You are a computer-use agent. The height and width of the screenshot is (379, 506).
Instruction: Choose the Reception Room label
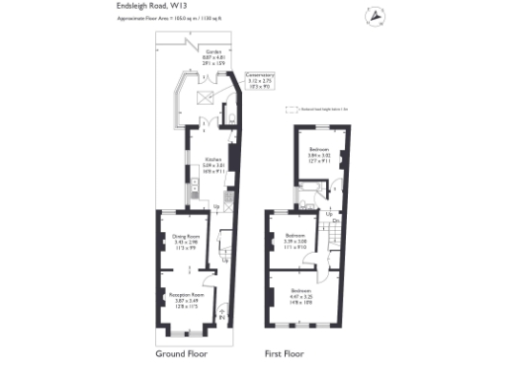[186, 298]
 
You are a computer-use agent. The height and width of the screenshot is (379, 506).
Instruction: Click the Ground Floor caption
[184, 352]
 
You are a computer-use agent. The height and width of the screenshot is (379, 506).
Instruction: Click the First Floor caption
[284, 352]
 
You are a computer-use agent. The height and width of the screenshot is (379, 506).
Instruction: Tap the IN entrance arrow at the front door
[220, 315]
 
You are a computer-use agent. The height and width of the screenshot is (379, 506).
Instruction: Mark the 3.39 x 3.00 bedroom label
[295, 240]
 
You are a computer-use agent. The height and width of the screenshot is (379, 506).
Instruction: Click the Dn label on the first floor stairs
[335, 221]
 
